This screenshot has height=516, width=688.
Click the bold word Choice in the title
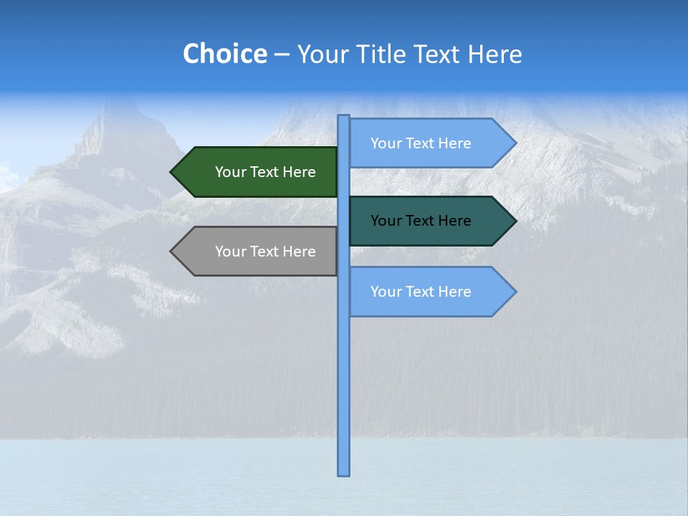224,54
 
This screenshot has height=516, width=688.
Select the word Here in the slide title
494,54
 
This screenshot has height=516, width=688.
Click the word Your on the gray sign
229,252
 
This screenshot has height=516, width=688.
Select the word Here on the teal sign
454,221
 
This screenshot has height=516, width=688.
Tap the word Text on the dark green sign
264,172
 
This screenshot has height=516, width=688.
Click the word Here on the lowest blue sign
454,292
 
